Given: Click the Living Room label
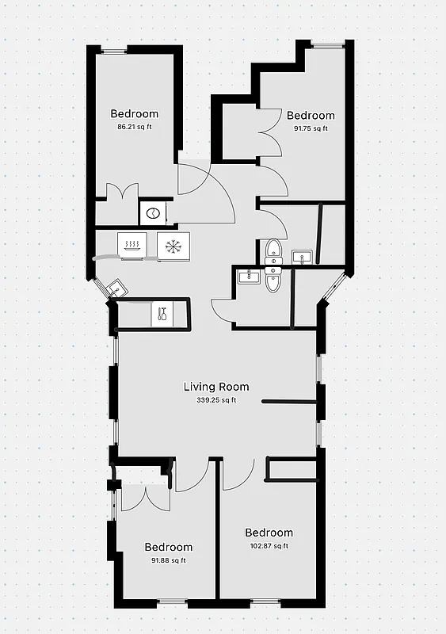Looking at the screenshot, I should click(216, 387).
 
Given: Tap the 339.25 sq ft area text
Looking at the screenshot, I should click(216, 400).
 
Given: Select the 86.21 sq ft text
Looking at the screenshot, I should click(134, 127).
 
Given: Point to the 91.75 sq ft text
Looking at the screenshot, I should click(310, 128).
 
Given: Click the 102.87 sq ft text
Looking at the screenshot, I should click(269, 546).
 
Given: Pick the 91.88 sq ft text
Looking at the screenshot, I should click(168, 560).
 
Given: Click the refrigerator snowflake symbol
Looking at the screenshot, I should click(172, 246).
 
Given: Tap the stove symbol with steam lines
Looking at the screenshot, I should click(130, 244).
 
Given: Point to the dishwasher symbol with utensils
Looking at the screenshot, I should click(162, 313).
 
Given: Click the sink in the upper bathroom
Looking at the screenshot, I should click(301, 257).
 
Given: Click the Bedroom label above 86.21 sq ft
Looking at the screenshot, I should click(134, 113).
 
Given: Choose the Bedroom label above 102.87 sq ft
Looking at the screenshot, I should click(269, 533).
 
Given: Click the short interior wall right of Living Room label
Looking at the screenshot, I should click(290, 403).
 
